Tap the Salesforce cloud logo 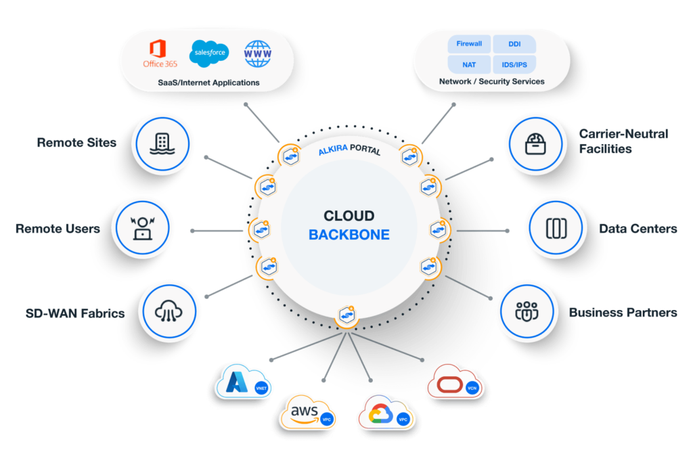click(x=208, y=52)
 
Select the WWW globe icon click(x=257, y=53)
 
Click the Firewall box click(x=469, y=45)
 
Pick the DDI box click(x=514, y=45)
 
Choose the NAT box click(x=469, y=65)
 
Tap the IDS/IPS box click(x=514, y=65)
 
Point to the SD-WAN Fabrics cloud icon click(x=168, y=312)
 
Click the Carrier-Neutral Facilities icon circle click(x=535, y=143)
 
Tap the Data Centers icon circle click(x=555, y=229)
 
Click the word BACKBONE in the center click(x=349, y=236)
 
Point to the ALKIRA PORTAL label click(x=349, y=150)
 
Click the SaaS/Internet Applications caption click(x=206, y=83)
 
